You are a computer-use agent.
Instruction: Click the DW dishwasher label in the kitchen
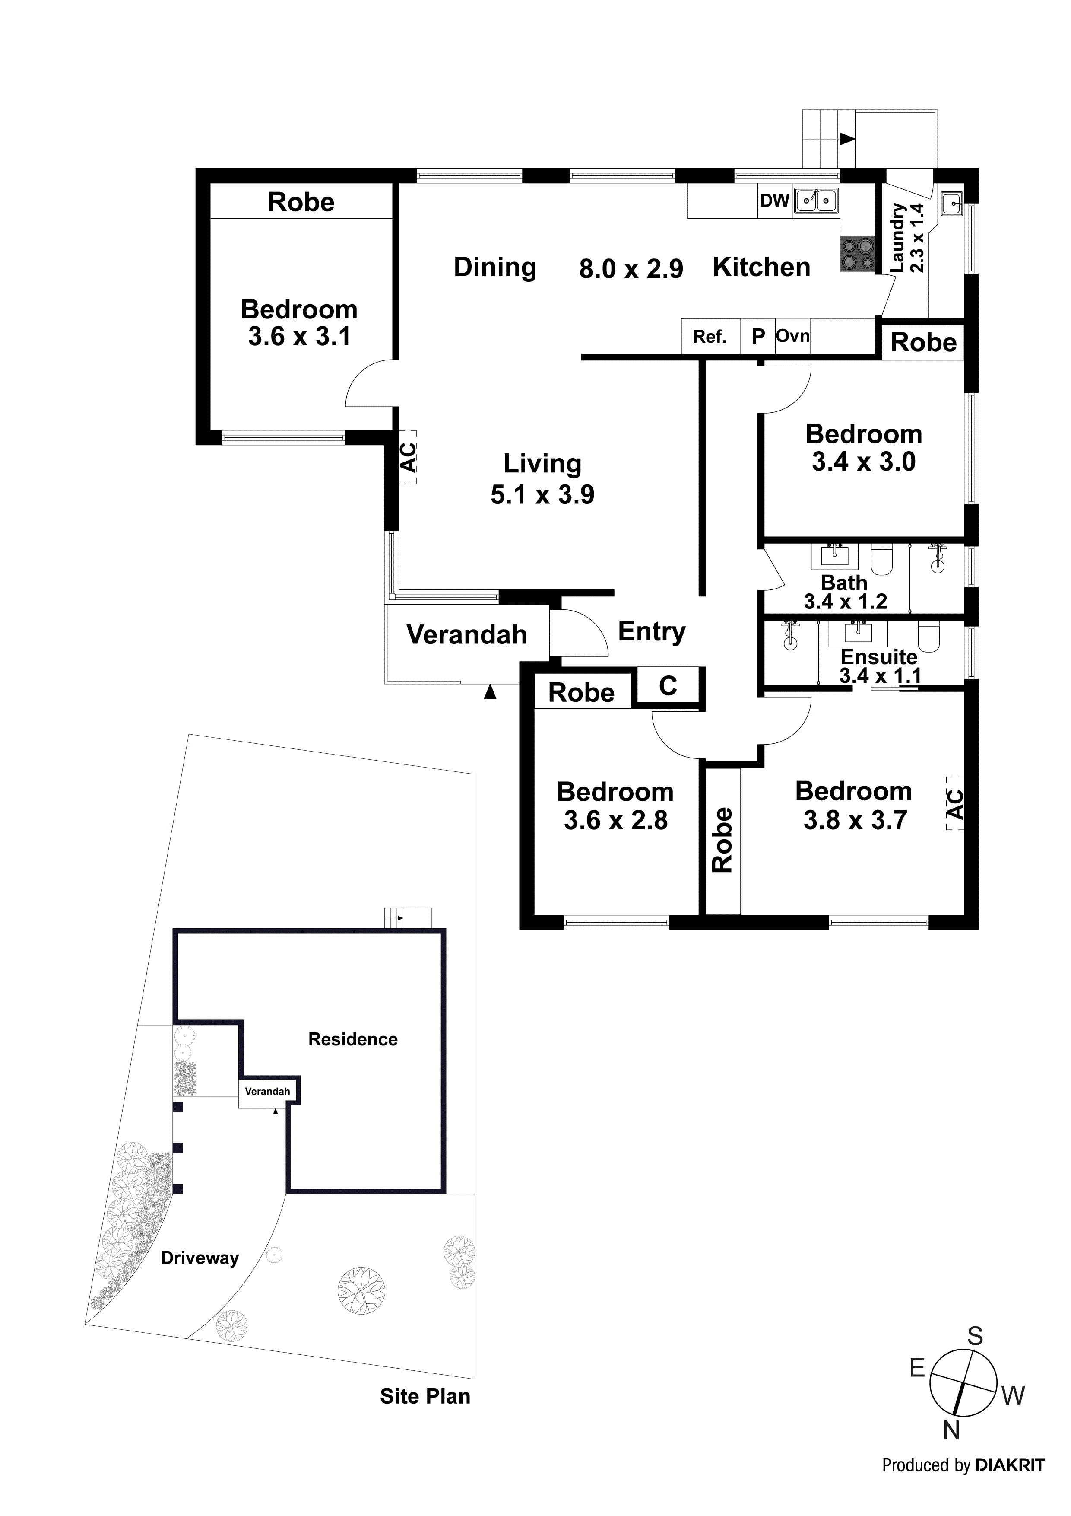click(774, 201)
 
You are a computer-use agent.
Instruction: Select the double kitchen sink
click(816, 200)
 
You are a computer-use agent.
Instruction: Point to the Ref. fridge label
click(710, 338)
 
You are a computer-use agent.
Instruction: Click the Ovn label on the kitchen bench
click(792, 336)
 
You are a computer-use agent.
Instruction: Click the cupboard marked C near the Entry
click(668, 686)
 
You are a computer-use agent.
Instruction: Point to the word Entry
click(651, 632)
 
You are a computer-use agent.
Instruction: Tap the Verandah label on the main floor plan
click(466, 634)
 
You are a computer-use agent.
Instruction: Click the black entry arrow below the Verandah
click(490, 691)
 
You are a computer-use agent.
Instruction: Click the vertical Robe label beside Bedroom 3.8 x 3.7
click(722, 839)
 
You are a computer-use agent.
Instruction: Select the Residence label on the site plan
click(352, 1039)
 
